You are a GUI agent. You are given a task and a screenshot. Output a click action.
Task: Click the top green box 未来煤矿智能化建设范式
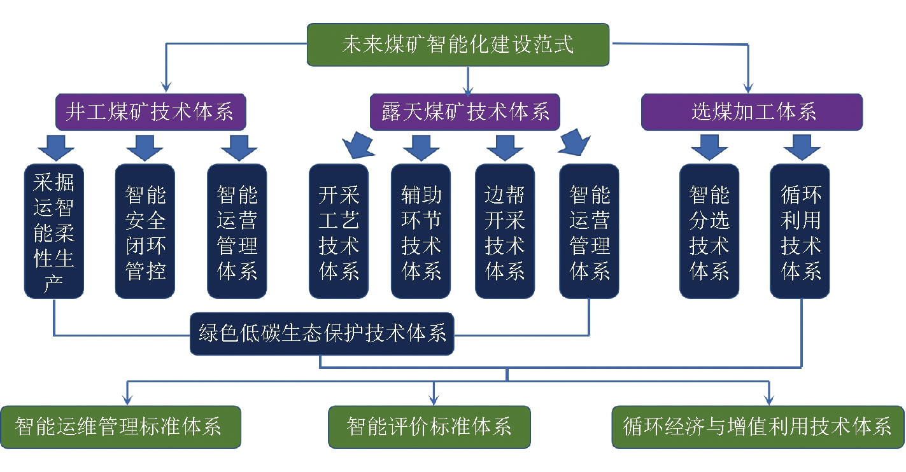[x=458, y=45]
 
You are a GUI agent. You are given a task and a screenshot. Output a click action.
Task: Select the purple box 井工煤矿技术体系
[x=150, y=112]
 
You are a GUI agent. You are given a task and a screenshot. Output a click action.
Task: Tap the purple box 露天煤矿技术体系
[x=465, y=112]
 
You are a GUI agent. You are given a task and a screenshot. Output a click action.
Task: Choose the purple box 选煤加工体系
[x=752, y=112]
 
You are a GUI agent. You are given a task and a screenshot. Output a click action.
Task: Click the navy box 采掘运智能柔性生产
[x=53, y=231]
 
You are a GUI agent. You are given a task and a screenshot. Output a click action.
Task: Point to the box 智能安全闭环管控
[x=145, y=231]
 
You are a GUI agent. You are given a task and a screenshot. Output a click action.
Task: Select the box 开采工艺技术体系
[x=339, y=231]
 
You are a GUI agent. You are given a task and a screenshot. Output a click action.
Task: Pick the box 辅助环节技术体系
[x=421, y=231]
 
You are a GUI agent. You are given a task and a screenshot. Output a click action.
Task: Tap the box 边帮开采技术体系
[x=505, y=231]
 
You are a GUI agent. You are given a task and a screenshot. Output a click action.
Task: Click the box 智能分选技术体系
[x=709, y=231]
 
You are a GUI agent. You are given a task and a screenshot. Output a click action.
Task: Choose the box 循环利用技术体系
[x=800, y=231]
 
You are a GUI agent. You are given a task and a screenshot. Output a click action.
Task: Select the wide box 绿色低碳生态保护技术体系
[x=322, y=334]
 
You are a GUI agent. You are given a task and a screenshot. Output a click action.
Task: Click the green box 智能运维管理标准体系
[x=120, y=427]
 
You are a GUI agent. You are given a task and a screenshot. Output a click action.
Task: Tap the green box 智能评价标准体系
[x=429, y=427]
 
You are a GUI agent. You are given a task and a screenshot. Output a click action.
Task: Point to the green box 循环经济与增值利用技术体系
[x=758, y=427]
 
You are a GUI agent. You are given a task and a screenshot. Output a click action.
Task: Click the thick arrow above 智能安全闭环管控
[x=145, y=148]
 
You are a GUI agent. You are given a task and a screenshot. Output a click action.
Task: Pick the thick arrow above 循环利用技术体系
[x=802, y=148]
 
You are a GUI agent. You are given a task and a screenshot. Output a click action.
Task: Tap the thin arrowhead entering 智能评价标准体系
[x=434, y=401]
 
